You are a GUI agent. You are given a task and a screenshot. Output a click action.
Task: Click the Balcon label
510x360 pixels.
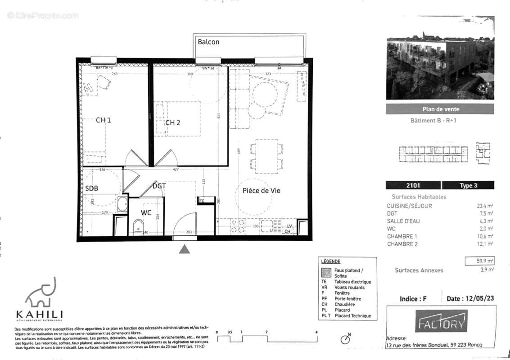click(208, 42)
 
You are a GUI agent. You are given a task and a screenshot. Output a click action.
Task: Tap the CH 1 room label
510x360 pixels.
click(104, 120)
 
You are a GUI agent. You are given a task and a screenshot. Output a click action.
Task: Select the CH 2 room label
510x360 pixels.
click(172, 122)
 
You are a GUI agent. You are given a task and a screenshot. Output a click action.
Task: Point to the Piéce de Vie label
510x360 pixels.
click(258, 190)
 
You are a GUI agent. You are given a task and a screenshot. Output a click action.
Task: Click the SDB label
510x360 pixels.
click(91, 188)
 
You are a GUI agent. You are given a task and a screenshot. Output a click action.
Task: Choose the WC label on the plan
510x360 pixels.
click(146, 212)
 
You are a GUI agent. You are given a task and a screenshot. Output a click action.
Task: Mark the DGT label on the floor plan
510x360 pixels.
click(159, 185)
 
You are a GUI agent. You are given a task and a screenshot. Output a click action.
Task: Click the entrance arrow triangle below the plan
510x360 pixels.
click(184, 249)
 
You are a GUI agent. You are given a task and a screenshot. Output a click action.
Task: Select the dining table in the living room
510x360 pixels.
click(266, 155)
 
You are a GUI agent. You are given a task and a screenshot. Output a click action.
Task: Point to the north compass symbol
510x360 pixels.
click(345, 339)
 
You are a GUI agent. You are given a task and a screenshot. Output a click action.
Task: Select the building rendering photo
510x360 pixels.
click(440, 69)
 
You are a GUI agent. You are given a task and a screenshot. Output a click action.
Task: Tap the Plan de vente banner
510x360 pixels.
click(440, 109)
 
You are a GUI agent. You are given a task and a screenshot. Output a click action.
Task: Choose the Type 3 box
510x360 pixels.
click(468, 185)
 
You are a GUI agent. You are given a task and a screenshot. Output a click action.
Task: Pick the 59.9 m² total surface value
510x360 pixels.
click(479, 261)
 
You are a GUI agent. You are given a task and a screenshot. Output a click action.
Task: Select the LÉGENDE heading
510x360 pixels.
click(330, 261)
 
